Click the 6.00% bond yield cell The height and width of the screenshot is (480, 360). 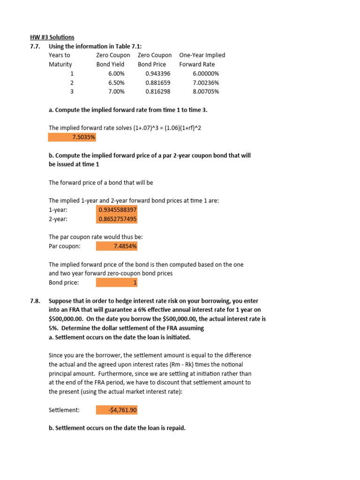(116, 74)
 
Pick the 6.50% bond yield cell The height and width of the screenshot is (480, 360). (116, 82)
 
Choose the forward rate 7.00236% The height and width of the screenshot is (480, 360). (206, 82)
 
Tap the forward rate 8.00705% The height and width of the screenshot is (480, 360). (206, 91)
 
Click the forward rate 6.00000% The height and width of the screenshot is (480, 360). (206, 74)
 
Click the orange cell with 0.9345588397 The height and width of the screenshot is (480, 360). (117, 210)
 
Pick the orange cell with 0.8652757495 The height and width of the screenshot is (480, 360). (117, 219)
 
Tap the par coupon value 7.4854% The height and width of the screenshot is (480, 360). (117, 246)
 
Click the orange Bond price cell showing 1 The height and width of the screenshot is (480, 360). (117, 283)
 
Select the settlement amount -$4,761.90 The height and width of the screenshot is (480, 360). (117, 410)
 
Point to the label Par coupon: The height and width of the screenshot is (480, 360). (65, 246)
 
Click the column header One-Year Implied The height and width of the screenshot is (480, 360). (202, 55)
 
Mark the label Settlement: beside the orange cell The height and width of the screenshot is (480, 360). (64, 410)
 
